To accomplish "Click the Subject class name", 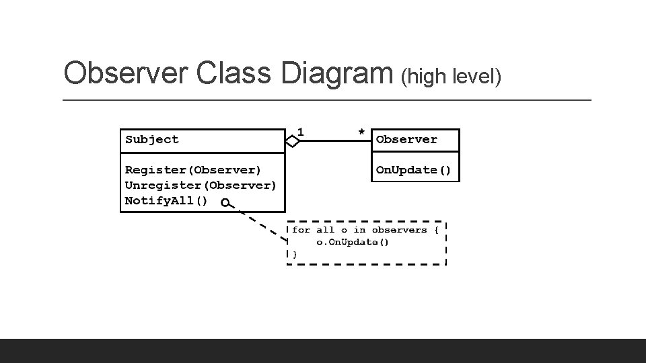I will [x=152, y=140].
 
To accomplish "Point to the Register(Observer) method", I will [x=193, y=170].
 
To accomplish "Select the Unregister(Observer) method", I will [x=201, y=185].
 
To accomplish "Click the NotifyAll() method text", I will [x=167, y=200].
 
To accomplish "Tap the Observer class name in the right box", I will [x=406, y=140].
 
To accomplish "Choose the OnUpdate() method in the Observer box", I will [x=413, y=170].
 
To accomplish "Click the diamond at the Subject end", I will [x=292, y=141].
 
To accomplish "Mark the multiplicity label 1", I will [x=300, y=131].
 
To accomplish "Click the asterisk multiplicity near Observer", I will [x=361, y=132].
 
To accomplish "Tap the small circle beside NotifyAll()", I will [x=225, y=202].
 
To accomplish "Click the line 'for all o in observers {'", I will [x=365, y=230].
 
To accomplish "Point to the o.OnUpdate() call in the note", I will [x=353, y=242].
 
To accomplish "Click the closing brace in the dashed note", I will [x=294, y=254].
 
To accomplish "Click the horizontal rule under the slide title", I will [x=327, y=100].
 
